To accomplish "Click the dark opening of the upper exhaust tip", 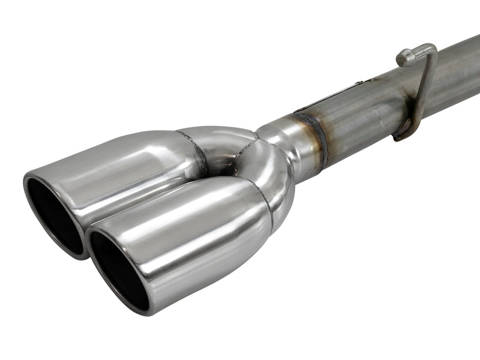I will tap(53, 213).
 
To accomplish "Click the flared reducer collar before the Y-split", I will tap(288, 141).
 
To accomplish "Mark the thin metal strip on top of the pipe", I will tap(336, 96).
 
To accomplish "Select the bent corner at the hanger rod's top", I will tap(431, 49).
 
